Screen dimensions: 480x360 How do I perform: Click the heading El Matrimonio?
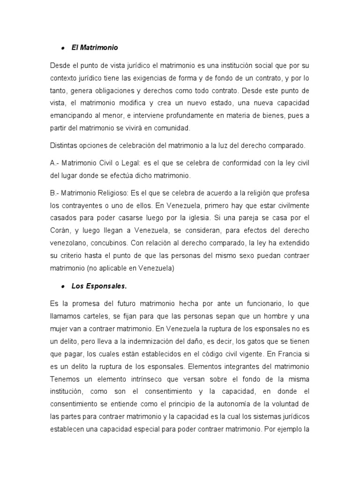(x=95, y=47)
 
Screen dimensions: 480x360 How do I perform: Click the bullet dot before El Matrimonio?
(x=62, y=48)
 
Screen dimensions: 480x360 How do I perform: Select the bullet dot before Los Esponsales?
(x=62, y=286)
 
